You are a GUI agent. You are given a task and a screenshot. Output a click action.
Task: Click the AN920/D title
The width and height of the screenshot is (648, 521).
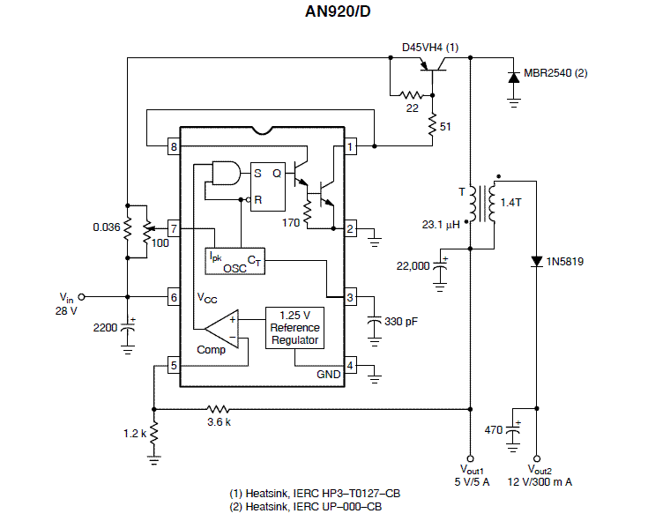(x=338, y=11)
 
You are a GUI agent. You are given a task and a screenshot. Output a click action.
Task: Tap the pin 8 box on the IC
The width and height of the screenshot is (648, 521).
(x=174, y=146)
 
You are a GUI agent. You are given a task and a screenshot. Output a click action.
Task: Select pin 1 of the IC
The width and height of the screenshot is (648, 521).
(x=351, y=146)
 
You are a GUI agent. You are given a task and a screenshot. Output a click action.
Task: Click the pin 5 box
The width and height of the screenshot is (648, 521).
(x=174, y=365)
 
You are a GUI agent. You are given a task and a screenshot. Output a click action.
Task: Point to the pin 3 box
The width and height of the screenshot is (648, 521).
(x=351, y=297)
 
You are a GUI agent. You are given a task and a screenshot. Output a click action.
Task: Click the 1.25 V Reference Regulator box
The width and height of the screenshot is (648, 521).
(x=294, y=328)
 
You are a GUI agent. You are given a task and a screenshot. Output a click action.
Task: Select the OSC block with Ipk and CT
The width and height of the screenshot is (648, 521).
(x=235, y=261)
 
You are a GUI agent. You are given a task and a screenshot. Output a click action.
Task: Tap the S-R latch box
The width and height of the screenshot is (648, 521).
(x=268, y=187)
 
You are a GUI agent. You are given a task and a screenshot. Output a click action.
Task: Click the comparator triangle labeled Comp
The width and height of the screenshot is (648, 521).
(x=222, y=330)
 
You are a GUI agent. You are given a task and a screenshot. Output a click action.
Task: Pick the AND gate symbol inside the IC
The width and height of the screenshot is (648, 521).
(x=226, y=173)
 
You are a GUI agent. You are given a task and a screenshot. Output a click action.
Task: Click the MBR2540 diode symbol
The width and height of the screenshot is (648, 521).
(x=514, y=78)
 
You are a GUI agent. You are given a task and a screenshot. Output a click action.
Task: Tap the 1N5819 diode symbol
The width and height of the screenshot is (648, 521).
(x=536, y=261)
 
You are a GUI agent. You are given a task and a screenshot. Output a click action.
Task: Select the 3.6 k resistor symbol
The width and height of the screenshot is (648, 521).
(x=218, y=409)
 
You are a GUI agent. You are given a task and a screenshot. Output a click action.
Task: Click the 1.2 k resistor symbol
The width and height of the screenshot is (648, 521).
(x=153, y=433)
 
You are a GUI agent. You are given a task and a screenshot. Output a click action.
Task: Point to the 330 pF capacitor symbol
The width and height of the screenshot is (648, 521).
(x=375, y=320)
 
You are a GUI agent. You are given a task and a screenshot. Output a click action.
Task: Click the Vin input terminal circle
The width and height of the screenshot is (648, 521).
(x=81, y=297)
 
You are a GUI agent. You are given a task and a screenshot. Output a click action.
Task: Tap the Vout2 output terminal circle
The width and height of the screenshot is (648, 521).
(x=536, y=458)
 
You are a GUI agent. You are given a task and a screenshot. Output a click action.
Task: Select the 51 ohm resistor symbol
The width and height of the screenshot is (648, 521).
(x=432, y=125)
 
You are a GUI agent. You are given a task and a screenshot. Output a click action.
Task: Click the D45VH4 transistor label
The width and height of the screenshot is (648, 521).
(x=430, y=48)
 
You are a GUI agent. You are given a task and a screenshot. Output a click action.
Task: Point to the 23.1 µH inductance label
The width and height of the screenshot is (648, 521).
(x=441, y=225)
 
